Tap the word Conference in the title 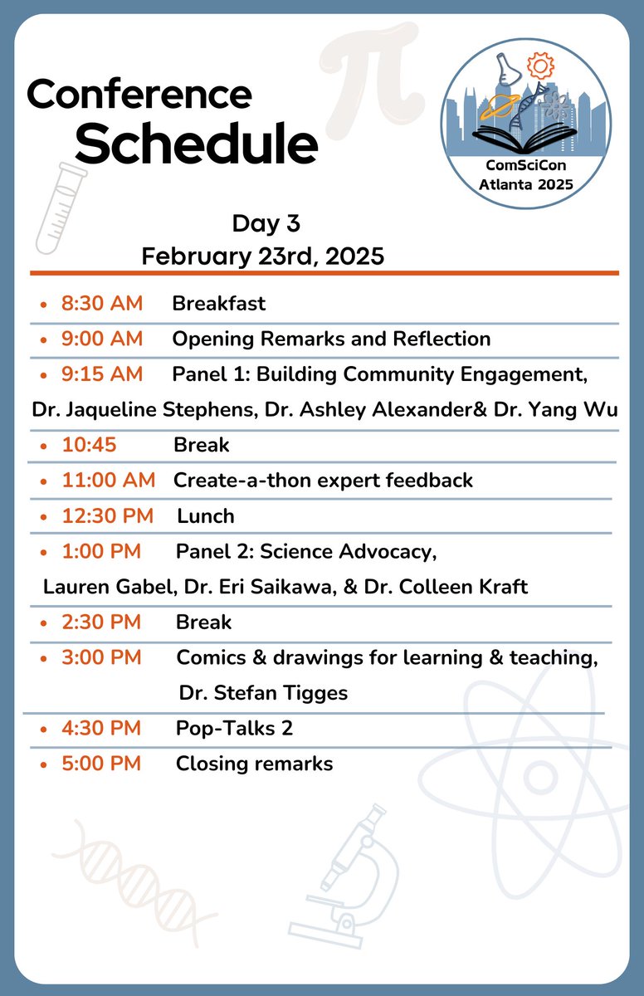(139, 95)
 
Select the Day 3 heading (266, 223)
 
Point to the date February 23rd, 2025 (262, 256)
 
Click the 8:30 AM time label (102, 303)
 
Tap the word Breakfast (219, 303)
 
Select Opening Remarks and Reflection (331, 339)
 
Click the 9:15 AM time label (102, 374)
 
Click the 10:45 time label (89, 445)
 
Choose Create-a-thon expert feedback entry (323, 480)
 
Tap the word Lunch (206, 515)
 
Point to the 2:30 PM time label (101, 622)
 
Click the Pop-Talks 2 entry (234, 728)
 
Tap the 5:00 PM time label (101, 763)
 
